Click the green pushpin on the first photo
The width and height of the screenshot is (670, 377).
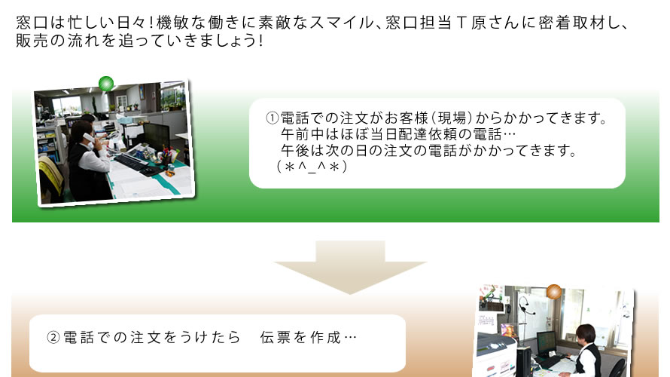[x=106, y=84]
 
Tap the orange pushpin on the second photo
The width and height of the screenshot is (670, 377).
[x=554, y=292]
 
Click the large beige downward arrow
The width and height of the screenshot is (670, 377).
[x=350, y=267]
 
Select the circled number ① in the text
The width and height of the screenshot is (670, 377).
[x=273, y=118]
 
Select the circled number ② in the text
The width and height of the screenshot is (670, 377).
[x=53, y=338]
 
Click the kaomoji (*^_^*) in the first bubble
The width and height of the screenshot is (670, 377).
[x=312, y=166]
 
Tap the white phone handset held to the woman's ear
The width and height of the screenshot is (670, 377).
[x=88, y=138]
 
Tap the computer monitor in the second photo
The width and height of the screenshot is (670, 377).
[x=547, y=342]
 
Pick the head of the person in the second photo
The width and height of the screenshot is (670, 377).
[x=586, y=334]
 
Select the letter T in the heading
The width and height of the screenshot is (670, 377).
[x=461, y=23]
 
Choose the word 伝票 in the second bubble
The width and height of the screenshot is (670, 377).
[x=276, y=338]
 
